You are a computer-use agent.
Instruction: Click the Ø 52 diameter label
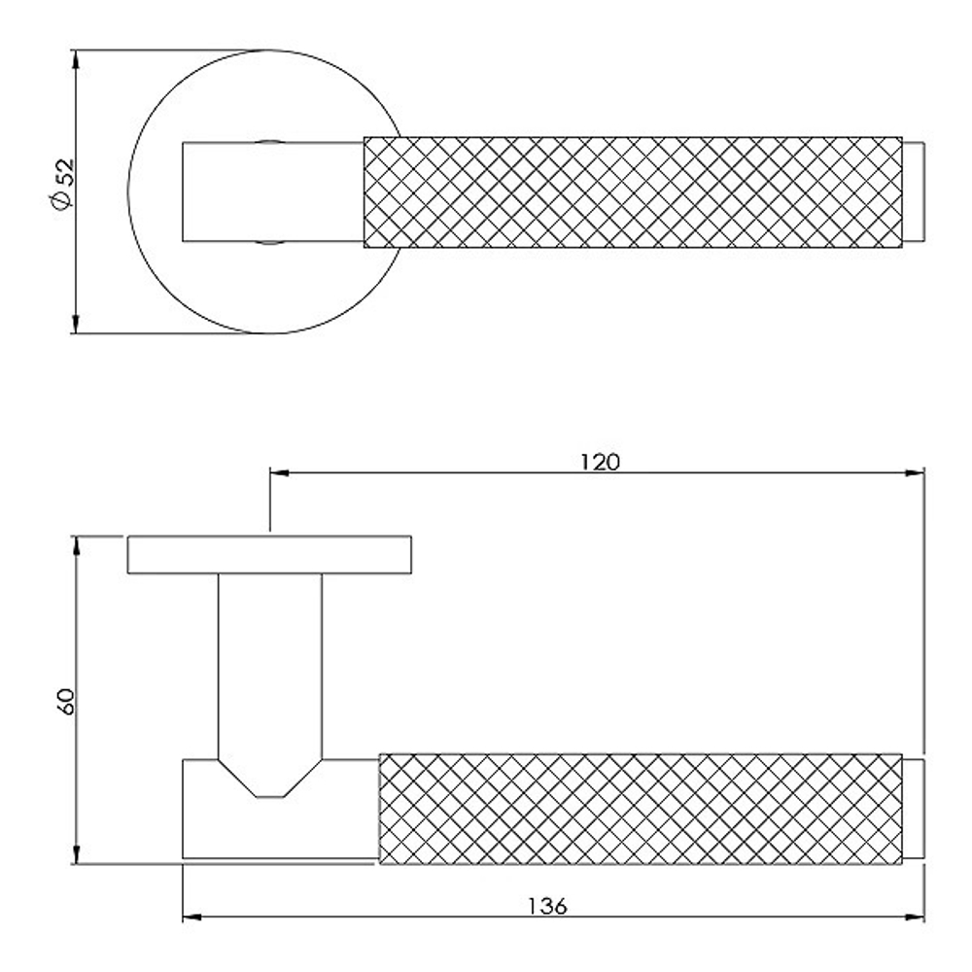(x=63, y=185)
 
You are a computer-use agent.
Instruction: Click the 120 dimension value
(x=600, y=462)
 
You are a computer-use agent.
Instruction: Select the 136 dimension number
(x=547, y=906)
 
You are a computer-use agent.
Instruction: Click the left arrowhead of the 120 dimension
(x=280, y=473)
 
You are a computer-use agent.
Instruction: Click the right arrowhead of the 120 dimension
(x=915, y=473)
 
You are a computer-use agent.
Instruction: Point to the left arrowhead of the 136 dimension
(x=192, y=917)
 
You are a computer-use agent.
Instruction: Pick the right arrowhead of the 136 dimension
(x=915, y=917)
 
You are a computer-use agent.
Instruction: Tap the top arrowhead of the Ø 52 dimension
(x=76, y=59)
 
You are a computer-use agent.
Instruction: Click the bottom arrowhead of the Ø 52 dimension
(x=76, y=324)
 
